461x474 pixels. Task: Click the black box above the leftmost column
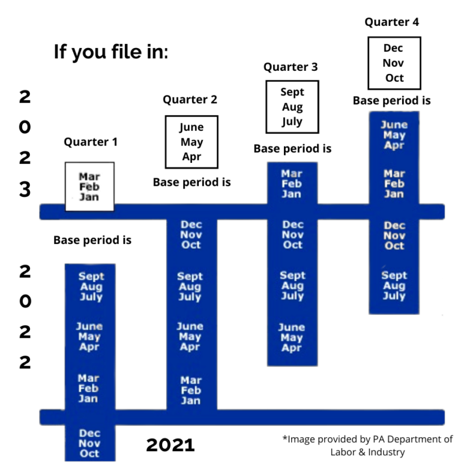point(89,186)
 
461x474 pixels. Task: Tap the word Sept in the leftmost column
point(91,276)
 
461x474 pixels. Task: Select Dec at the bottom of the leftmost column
point(89,433)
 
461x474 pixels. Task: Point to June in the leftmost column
point(89,326)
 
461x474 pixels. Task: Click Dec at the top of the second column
point(191,225)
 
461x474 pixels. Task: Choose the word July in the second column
point(190,297)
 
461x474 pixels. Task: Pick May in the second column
point(190,336)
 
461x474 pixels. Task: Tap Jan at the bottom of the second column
point(191,401)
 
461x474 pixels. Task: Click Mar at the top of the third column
point(292,174)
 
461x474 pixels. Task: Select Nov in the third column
point(292,235)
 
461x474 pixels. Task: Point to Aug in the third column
point(292,286)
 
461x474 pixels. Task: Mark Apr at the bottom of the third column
point(291,348)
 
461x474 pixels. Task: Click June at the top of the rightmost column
point(394,125)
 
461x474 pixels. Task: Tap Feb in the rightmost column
point(394,184)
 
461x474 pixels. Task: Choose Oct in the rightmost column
point(394,246)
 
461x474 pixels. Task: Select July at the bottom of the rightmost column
point(394,296)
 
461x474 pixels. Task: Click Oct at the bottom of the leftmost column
point(89,454)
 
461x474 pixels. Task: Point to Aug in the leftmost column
point(91,287)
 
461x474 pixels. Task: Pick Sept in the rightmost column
point(394,276)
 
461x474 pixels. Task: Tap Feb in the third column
point(292,184)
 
